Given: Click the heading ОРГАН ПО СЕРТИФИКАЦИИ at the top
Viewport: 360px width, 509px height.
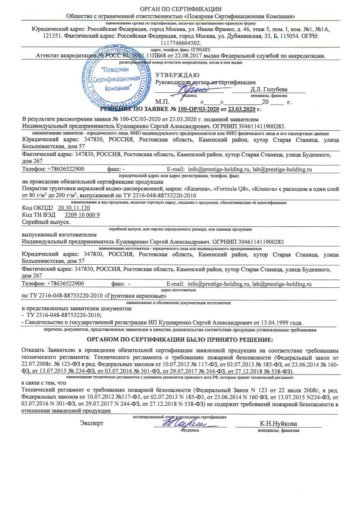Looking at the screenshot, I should point(180,9).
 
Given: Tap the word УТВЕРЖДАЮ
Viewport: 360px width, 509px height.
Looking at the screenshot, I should point(177,75).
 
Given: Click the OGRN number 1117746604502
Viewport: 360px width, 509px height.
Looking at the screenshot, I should point(180,43).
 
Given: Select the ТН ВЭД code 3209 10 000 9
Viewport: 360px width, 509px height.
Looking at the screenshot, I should point(82,215).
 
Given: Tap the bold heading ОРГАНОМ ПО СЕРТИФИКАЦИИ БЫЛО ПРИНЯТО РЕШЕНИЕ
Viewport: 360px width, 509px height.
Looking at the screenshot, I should point(180,339).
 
